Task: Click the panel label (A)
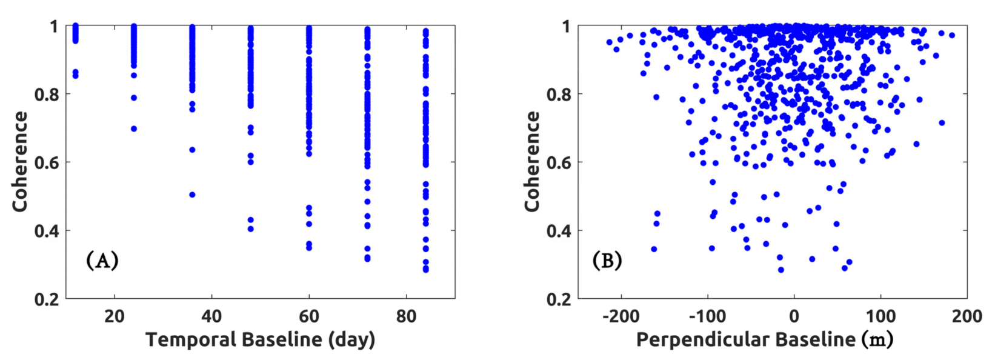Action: [102, 261]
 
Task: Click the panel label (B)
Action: [607, 261]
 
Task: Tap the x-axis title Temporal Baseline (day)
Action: [261, 339]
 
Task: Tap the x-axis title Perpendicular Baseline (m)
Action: [765, 339]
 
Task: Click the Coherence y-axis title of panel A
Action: [20, 162]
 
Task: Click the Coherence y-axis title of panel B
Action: [532, 162]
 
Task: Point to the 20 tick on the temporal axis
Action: [114, 316]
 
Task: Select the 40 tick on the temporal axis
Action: [211, 316]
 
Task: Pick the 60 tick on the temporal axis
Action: [309, 316]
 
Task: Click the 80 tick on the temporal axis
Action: [407, 316]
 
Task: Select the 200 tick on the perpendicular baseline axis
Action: [967, 316]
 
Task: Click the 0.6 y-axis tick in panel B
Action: [559, 162]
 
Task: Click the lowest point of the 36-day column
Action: [192, 195]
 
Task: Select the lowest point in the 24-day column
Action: [134, 128]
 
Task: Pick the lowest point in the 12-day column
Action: [75, 76]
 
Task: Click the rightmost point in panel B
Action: [952, 35]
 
